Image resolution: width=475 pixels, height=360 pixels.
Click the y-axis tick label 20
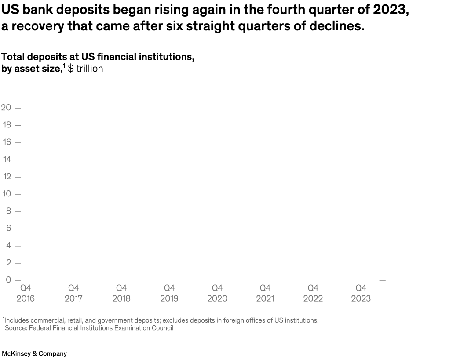[6, 108]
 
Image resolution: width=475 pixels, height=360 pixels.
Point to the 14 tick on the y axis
[7, 160]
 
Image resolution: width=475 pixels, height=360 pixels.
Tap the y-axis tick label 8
[8, 211]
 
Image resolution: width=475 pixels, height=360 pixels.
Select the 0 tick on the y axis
[8, 280]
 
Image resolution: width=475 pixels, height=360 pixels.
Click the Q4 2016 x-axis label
[26, 293]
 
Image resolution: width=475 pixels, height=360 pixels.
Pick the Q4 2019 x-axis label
[169, 293]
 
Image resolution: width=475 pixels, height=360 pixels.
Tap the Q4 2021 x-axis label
[265, 293]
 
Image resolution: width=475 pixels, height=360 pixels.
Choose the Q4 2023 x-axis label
[361, 293]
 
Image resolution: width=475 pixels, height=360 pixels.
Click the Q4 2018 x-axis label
[121, 293]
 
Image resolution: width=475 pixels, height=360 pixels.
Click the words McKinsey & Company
[34, 353]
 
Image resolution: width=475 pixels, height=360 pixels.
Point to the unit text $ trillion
[85, 69]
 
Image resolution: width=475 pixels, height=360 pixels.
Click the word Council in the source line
[162, 328]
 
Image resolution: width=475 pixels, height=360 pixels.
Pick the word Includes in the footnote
[16, 320]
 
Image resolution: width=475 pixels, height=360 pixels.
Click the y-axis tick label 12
[7, 177]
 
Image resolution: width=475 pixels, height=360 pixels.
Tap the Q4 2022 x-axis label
[313, 293]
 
